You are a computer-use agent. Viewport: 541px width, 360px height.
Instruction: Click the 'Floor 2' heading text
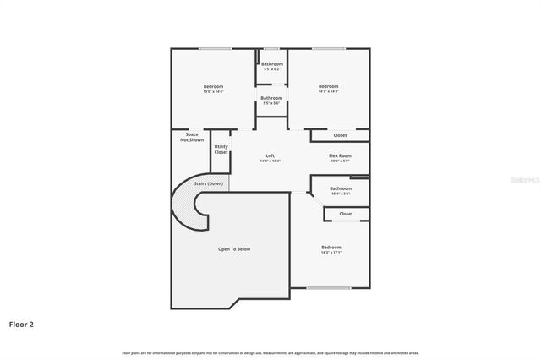[x=22, y=324]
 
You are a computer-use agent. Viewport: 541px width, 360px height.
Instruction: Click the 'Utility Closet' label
[x=221, y=150]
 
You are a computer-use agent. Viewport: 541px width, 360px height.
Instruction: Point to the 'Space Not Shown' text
[x=191, y=137]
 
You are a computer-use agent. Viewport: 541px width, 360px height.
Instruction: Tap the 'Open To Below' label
[x=234, y=249]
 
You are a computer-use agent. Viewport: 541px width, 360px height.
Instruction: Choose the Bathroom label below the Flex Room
[x=340, y=190]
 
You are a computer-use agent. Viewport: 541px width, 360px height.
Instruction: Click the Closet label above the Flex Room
[x=340, y=135]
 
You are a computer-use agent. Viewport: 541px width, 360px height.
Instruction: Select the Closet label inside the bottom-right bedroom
[x=346, y=214]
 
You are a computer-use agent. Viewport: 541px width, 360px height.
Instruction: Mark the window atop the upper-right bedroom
[x=328, y=48]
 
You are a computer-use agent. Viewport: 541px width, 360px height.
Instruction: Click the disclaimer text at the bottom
[x=270, y=352]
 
